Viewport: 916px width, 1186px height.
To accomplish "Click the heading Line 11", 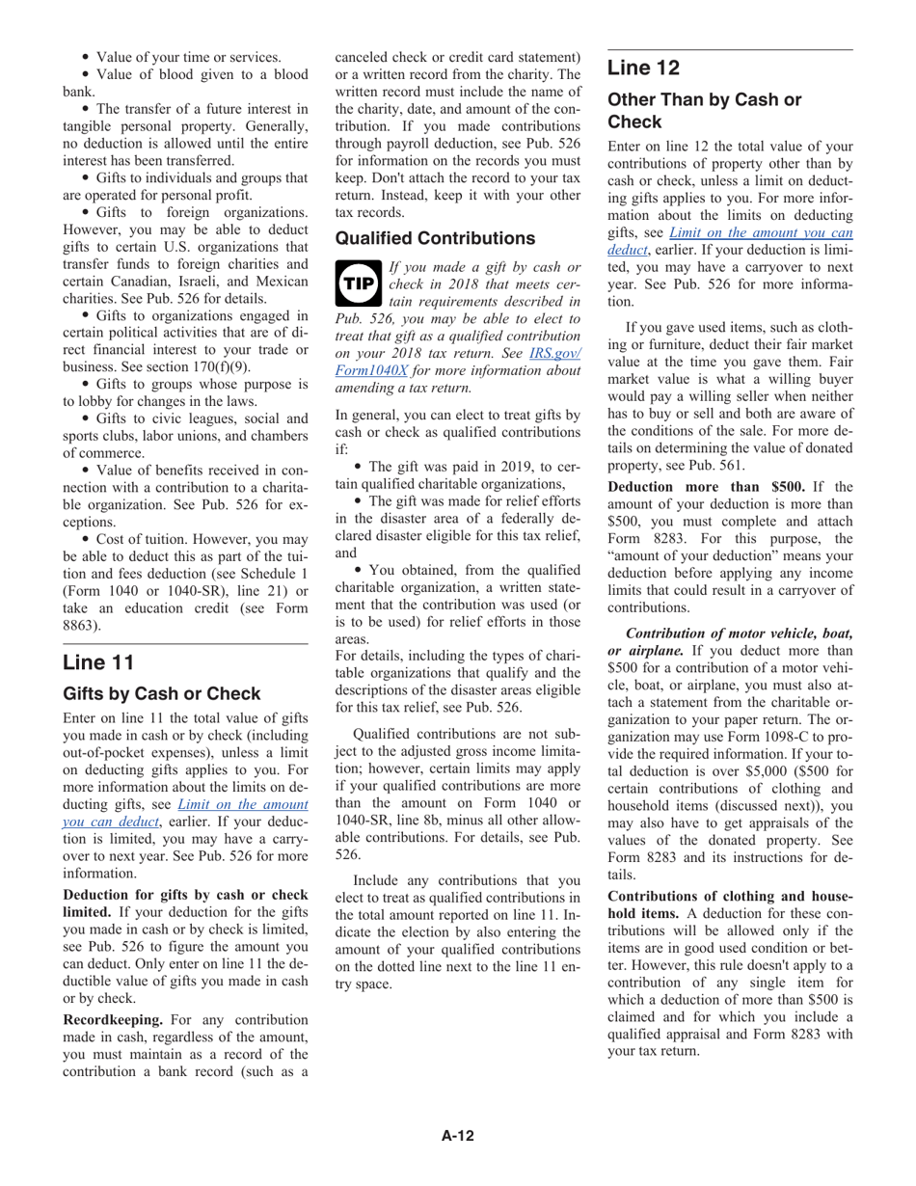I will pyautogui.click(x=97, y=662).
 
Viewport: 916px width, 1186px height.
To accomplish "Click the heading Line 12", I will pyautogui.click(x=643, y=67).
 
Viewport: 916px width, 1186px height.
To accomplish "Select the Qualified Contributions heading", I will pyautogui.click(x=435, y=238).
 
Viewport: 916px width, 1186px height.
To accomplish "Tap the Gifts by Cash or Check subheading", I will pyautogui.click(x=161, y=694).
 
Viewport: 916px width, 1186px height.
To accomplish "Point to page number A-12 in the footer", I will pyautogui.click(x=458, y=1136).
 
